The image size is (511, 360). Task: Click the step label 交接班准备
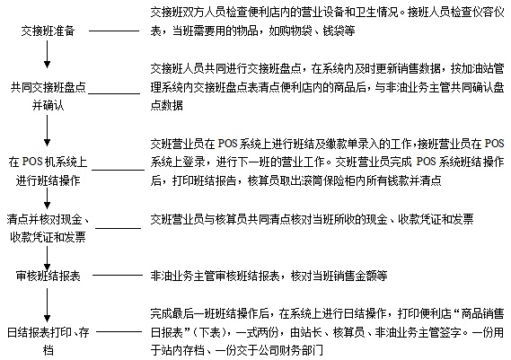tap(48, 31)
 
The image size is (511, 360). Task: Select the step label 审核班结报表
tap(48, 276)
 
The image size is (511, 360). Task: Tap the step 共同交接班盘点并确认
tap(48, 96)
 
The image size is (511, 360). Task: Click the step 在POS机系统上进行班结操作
tap(48, 171)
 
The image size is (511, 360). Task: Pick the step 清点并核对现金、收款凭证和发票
tap(48, 228)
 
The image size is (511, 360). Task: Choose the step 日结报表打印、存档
tap(48, 341)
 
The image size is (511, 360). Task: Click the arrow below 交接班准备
tap(48, 54)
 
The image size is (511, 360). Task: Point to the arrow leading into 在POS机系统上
tap(48, 130)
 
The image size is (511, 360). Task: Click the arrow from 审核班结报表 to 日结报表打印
tap(48, 305)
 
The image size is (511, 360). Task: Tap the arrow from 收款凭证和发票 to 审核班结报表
tap(48, 259)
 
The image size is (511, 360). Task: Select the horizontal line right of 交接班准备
tap(114, 31)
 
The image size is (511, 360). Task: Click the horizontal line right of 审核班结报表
tap(118, 276)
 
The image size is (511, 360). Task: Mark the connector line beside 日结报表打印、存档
tap(119, 332)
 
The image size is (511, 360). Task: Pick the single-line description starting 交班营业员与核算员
tap(312, 219)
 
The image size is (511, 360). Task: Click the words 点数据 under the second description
tap(166, 106)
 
